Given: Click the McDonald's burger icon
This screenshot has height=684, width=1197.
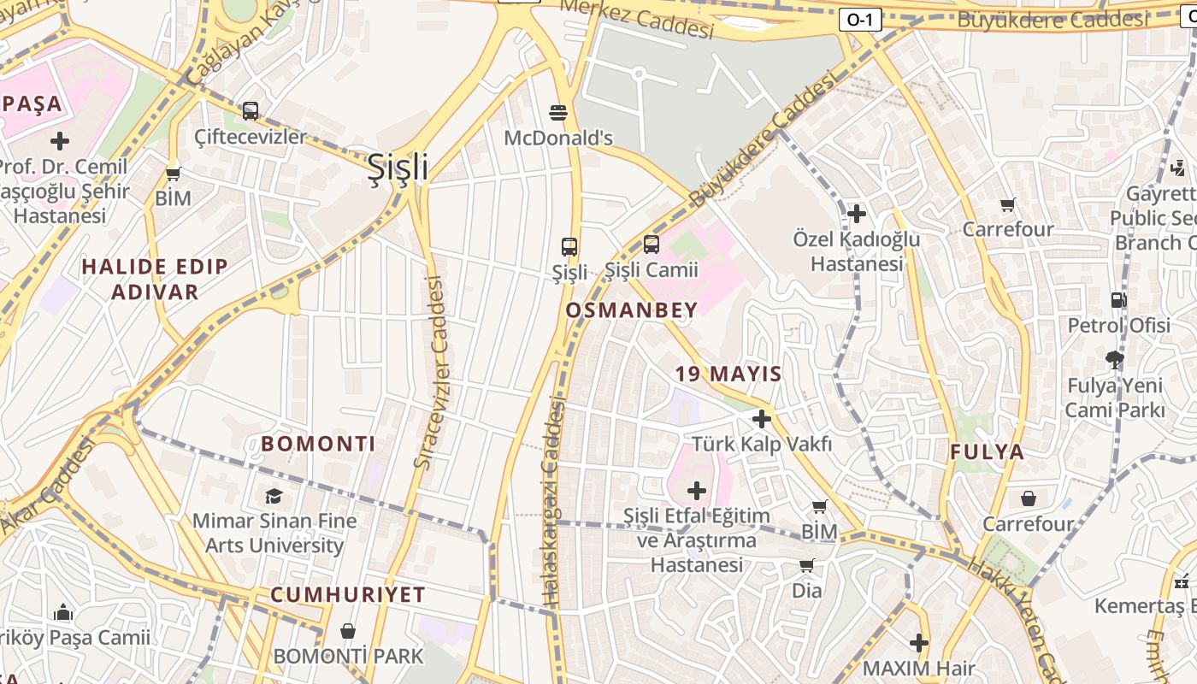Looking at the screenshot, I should pos(558,112).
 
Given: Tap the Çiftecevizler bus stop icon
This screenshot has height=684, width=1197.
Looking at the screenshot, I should pos(251,110).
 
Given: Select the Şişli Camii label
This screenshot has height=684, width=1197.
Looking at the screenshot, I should pos(652,270).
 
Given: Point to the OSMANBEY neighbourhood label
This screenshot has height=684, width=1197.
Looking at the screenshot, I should pos(632,310).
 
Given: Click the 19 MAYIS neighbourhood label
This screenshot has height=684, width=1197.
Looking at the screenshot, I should pos(728,374).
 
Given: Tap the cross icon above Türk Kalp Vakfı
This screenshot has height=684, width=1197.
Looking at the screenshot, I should pos(762,419).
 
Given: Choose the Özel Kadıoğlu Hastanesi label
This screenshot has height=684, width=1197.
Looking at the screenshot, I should pos(857,251).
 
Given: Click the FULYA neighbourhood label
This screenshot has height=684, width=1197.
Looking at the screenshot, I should pos(987,452).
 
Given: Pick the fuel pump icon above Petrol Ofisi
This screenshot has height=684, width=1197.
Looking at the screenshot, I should pos(1118,300).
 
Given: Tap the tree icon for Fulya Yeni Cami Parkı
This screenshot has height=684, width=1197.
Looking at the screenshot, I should pos(1114,359).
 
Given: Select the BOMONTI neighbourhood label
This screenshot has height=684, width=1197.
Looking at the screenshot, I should pos(318,444).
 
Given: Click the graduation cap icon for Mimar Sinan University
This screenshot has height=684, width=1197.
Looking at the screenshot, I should pos(274,496).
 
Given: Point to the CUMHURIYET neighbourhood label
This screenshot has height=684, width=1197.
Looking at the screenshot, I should pos(348,595).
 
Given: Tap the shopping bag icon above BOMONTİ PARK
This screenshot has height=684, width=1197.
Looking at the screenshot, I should pos(348,632).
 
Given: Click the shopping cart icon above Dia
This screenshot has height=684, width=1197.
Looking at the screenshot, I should pos(806,565).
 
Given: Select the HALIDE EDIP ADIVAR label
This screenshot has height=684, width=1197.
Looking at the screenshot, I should pos(155,279).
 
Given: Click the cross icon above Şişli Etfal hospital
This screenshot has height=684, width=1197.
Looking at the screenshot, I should pos(697,491).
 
